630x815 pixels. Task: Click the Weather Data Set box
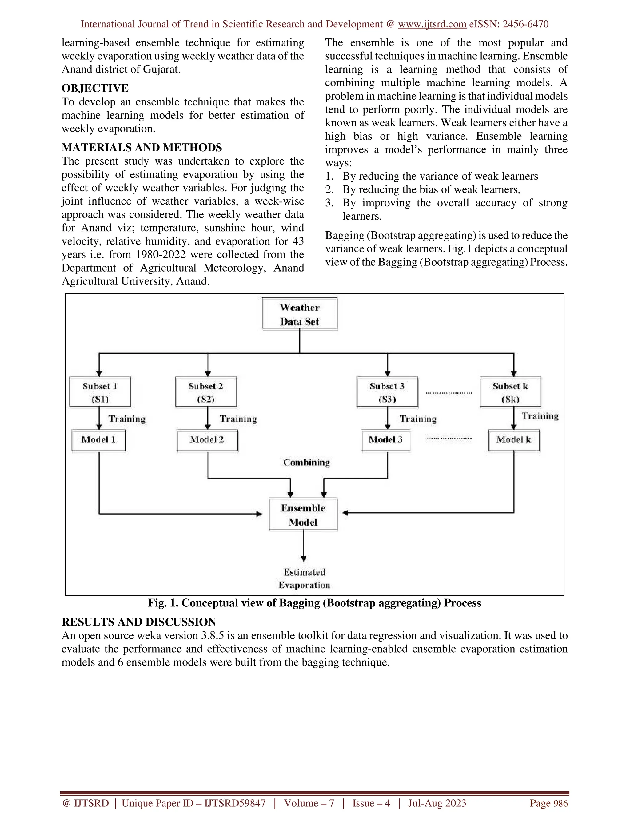coord(300,314)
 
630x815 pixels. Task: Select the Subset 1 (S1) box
coord(100,392)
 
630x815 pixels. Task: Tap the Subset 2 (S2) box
coord(206,392)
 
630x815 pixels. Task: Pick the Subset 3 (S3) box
coord(387,392)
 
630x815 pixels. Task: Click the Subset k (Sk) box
coord(510,392)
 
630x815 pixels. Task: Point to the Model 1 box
coord(98,440)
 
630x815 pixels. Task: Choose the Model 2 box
coord(207,440)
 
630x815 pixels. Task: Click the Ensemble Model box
coord(303,515)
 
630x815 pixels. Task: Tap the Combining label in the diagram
coord(306,463)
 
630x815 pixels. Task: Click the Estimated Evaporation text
coord(304,578)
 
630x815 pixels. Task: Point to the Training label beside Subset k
coord(540,416)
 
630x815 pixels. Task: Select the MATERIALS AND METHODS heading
coord(142,148)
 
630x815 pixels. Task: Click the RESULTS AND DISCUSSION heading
coord(139,622)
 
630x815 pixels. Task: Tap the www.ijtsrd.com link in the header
coord(432,24)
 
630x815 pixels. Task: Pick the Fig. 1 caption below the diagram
coord(314,603)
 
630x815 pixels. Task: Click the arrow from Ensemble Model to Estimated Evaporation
coord(303,546)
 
